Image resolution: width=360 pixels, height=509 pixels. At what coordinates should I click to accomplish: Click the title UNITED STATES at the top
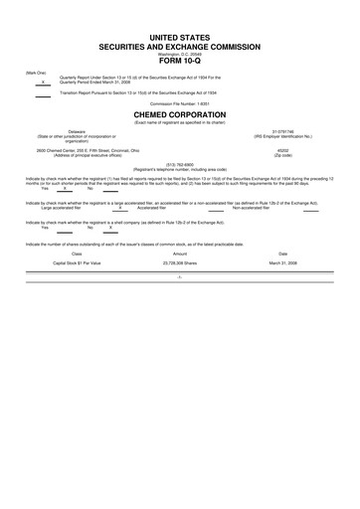180,36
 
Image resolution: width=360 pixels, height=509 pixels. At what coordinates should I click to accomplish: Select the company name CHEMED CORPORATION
180,114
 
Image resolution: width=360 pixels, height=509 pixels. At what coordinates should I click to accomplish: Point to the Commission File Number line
180,102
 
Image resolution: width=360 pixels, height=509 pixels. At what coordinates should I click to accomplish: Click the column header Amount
180,254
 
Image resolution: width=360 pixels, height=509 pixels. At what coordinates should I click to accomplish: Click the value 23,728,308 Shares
180,263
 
